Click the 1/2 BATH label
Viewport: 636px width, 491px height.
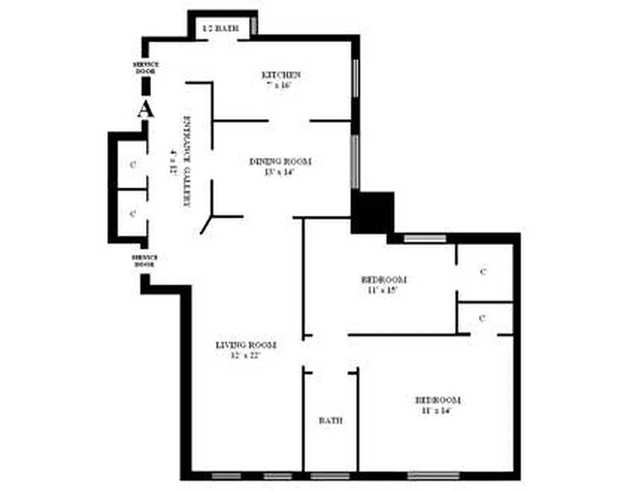coord(220,28)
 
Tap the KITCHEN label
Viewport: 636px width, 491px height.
coord(281,75)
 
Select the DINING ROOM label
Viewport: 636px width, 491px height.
coord(280,162)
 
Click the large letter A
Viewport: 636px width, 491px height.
coord(145,109)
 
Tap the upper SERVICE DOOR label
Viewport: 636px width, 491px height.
coord(145,68)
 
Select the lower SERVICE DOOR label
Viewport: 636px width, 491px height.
coord(145,260)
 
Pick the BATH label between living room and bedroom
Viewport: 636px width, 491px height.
coord(330,421)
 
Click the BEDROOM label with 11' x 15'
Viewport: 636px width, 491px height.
coord(383,280)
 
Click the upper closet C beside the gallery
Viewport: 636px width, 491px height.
coord(133,165)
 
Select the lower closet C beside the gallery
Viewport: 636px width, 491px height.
coord(133,214)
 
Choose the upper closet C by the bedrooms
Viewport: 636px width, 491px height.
coord(483,271)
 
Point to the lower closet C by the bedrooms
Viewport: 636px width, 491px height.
coord(483,318)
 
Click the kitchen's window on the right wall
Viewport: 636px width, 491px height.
coord(355,77)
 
